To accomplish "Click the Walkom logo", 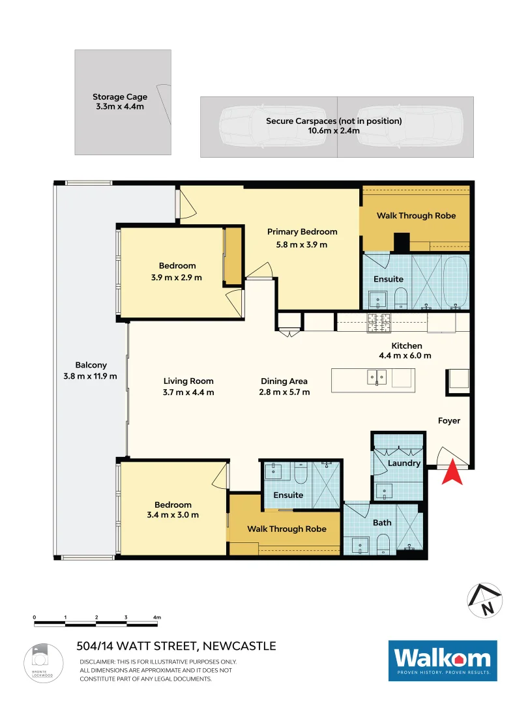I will point(443,660).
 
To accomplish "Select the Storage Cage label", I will point(119,97).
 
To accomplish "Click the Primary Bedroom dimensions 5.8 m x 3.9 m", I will point(302,244).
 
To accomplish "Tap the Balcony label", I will point(91,365).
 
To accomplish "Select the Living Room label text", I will point(188,381).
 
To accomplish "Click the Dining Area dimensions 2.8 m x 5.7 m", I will point(284,392).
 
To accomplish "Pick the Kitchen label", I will point(407,345).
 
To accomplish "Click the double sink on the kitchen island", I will point(376,377).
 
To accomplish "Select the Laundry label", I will point(403,463).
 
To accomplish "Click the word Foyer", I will point(448,420).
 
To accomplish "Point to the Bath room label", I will point(382,522).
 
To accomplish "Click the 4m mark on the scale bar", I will point(156,617).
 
